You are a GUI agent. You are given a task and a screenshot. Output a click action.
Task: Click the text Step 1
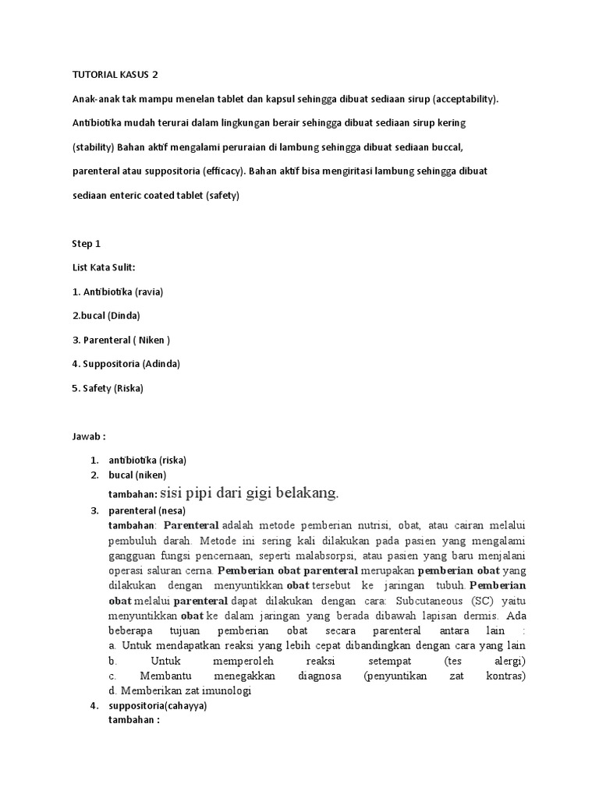click(87, 243)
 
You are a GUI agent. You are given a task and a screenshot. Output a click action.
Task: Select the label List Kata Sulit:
click(104, 267)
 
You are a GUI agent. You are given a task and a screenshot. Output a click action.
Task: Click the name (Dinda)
click(125, 316)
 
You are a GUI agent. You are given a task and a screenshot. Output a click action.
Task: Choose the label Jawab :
click(88, 436)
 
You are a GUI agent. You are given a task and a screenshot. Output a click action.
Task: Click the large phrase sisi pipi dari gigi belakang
click(250, 493)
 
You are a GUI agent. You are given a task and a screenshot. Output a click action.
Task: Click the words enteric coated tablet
click(154, 196)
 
